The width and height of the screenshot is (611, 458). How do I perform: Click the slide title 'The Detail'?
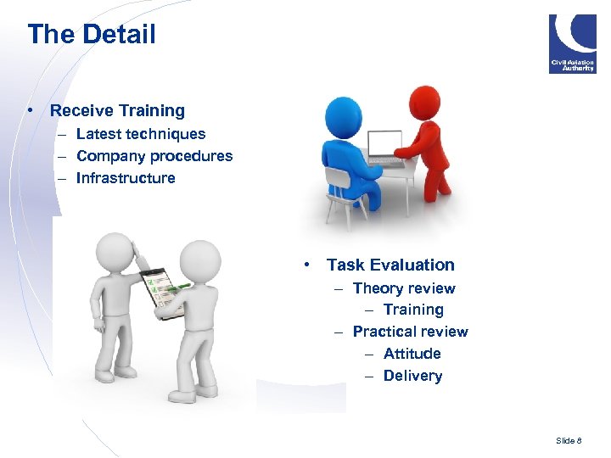coord(92,35)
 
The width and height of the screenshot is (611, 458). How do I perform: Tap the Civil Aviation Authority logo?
coord(572,43)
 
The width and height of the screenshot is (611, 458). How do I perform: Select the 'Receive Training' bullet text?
coord(117,110)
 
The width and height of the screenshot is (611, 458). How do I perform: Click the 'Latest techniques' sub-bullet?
coord(141,134)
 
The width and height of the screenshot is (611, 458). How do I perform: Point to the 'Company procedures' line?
coord(154,156)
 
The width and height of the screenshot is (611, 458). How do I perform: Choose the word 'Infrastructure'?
coord(126,178)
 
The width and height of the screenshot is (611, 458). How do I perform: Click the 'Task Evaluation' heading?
coord(390,265)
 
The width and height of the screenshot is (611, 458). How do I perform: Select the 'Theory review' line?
coord(404,288)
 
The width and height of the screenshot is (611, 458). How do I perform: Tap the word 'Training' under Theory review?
coord(413,310)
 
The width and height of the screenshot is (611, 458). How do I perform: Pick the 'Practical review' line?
coord(410,332)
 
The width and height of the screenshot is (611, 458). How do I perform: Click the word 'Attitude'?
coord(412,354)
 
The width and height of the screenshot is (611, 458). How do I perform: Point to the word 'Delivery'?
coord(412,376)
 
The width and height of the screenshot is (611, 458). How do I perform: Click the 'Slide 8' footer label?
coord(569,440)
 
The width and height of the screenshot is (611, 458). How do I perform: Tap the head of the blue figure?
coord(344,115)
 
